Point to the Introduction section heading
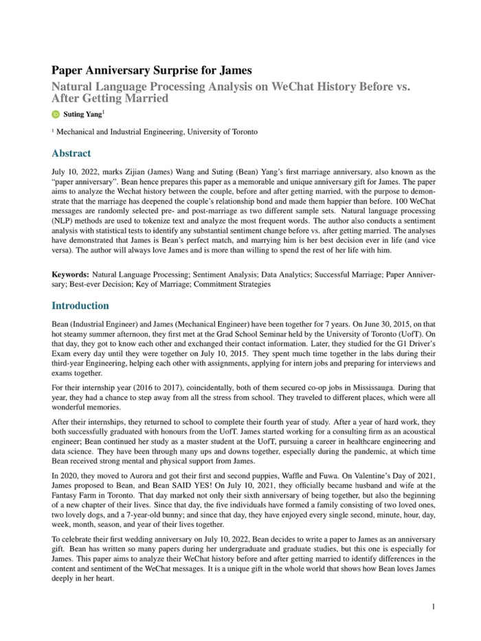click(x=80, y=305)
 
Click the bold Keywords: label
click(x=71, y=275)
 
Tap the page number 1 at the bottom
click(x=434, y=607)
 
